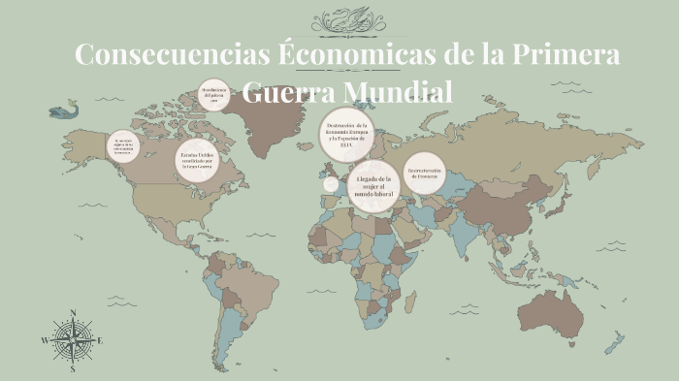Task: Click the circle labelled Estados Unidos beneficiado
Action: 198,160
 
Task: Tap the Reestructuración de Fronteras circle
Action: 424,174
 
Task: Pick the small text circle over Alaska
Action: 123,145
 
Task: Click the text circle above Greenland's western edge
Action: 214,95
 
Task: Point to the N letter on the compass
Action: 72,313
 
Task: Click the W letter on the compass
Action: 45,341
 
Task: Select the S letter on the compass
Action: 72,368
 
